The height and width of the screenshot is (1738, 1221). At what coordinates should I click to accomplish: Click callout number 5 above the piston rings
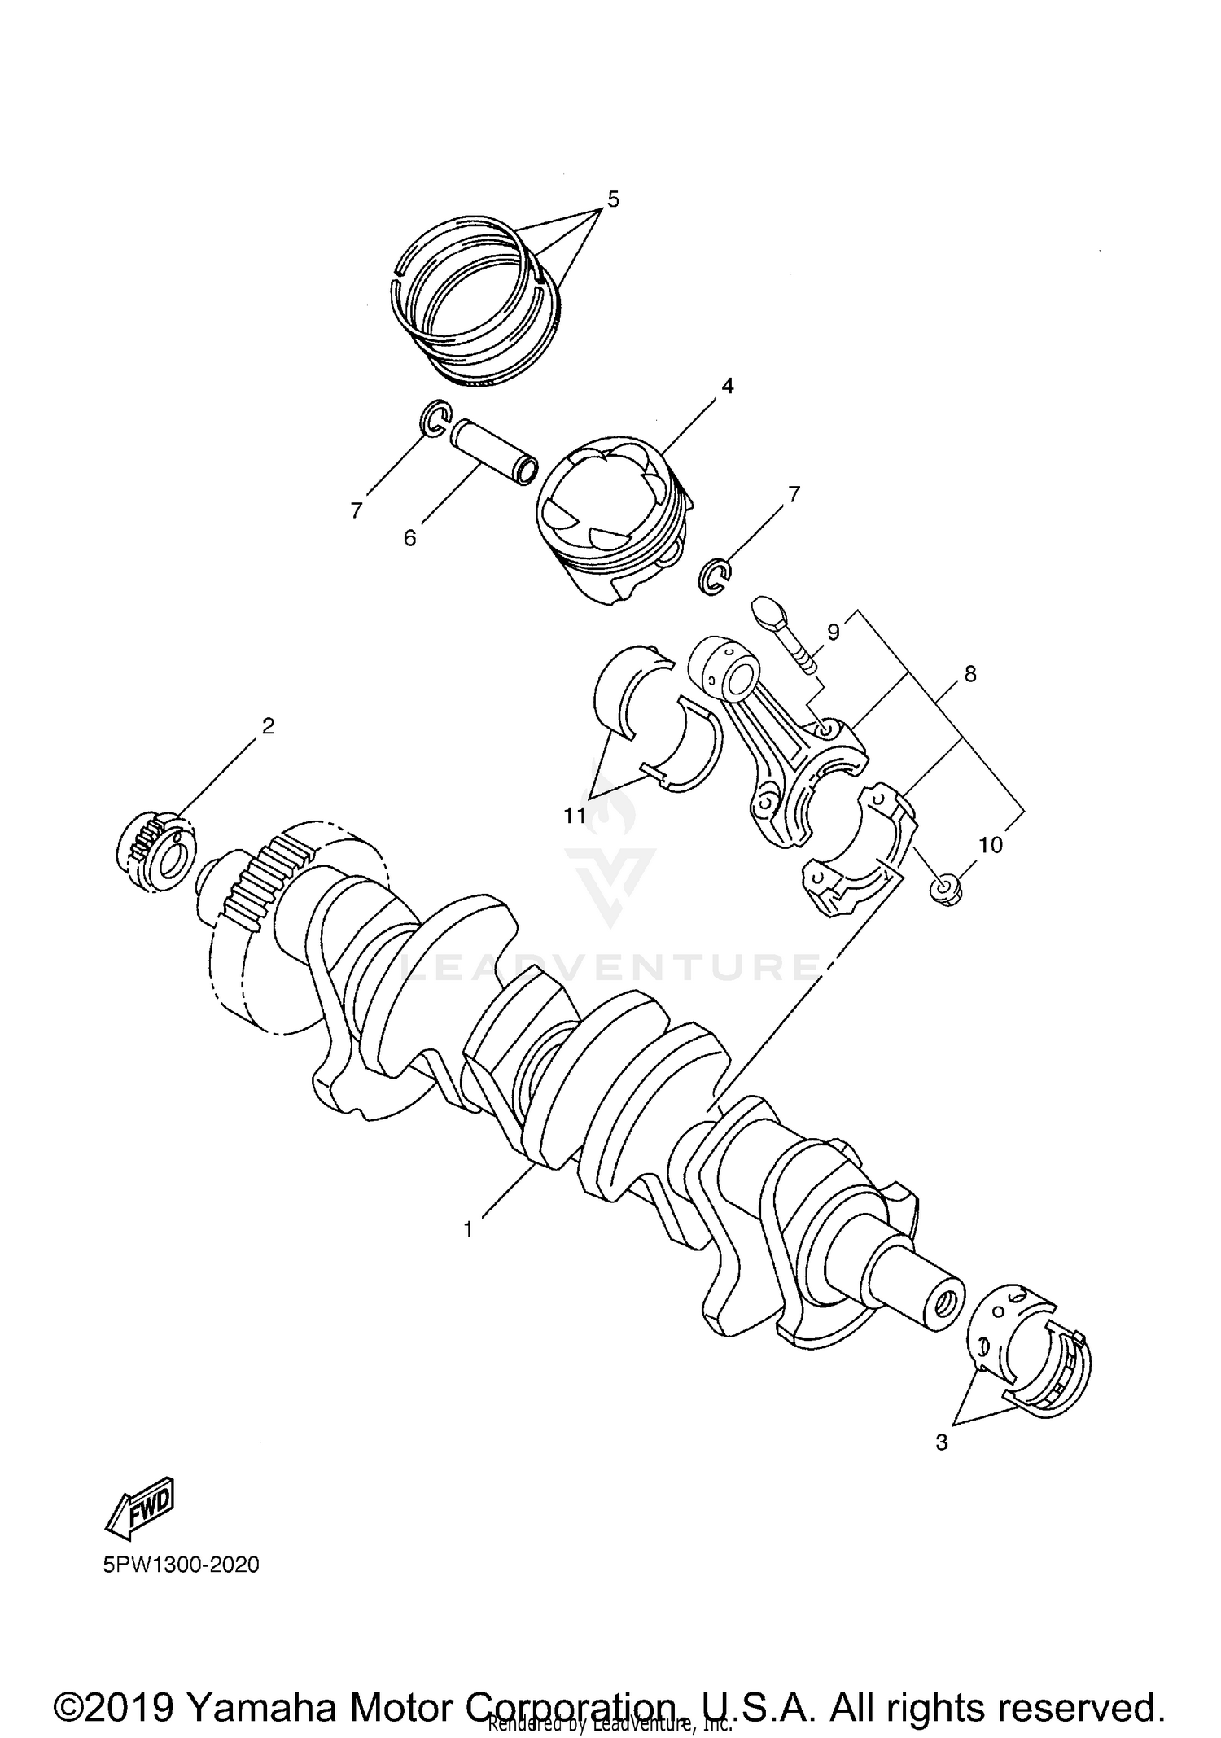click(613, 199)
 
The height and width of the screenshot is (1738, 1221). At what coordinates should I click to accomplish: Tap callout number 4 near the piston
click(727, 386)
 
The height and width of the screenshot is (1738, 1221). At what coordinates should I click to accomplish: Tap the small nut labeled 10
click(947, 891)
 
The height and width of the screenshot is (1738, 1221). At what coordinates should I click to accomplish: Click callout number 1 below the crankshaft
click(468, 1229)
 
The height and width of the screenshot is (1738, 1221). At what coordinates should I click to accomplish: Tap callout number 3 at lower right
click(942, 1442)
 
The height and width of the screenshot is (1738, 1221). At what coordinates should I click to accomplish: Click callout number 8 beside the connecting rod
click(969, 674)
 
